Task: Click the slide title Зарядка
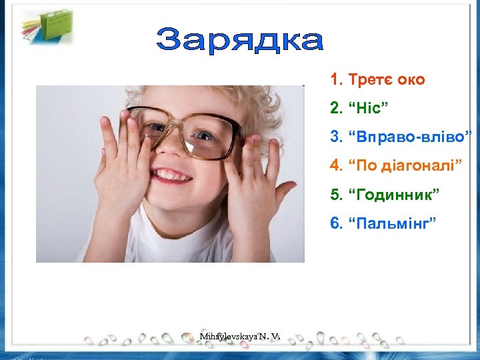pyautogui.click(x=240, y=41)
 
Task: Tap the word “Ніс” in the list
pyautogui.click(x=369, y=109)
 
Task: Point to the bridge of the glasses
pyautogui.click(x=178, y=126)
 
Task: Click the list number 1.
pyautogui.click(x=335, y=81)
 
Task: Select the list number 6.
pyautogui.click(x=335, y=222)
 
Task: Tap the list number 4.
pyautogui.click(x=335, y=165)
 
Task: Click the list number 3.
pyautogui.click(x=335, y=137)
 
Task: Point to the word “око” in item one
pyautogui.click(x=411, y=81)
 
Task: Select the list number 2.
pyautogui.click(x=335, y=109)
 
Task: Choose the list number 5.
pyautogui.click(x=335, y=194)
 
